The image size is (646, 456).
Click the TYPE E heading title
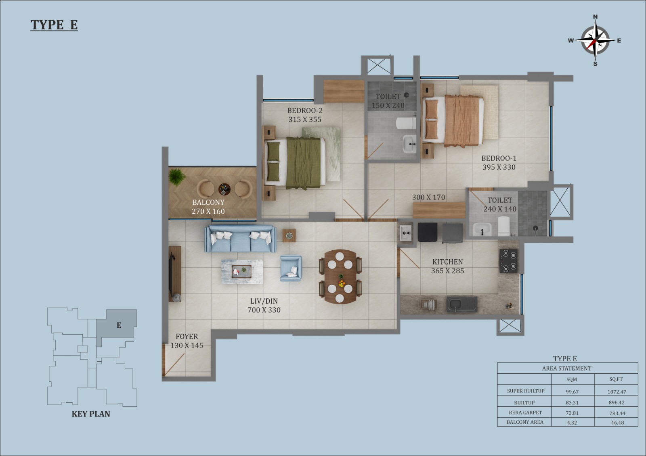click(54, 25)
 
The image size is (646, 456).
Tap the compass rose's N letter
click(595, 17)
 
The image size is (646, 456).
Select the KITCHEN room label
click(447, 262)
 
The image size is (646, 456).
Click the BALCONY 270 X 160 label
click(208, 207)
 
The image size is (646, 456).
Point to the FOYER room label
click(187, 336)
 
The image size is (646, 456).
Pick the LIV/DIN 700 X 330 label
click(264, 305)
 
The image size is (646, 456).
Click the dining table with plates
click(340, 276)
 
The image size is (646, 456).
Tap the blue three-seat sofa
click(240, 239)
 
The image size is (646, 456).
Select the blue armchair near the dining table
click(291, 268)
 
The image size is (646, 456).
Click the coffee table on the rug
click(241, 271)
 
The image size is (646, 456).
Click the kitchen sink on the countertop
click(462, 304)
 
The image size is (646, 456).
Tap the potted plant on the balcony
click(176, 176)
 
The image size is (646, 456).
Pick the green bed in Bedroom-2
click(295, 163)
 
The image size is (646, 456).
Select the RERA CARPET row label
click(525, 412)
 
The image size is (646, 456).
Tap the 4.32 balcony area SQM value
click(572, 423)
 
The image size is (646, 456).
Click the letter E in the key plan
click(119, 325)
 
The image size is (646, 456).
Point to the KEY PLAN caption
click(91, 414)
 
